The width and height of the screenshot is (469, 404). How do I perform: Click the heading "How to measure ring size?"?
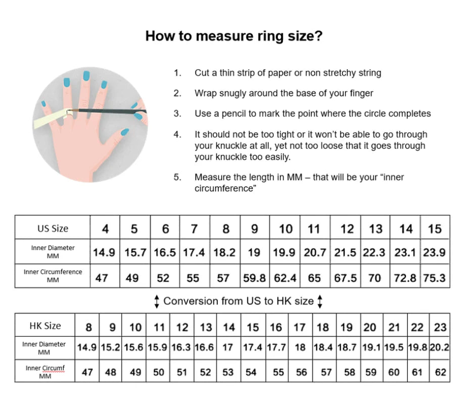click(x=233, y=36)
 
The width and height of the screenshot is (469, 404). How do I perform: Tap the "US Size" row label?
click(x=53, y=228)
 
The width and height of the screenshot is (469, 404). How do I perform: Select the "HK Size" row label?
click(x=45, y=326)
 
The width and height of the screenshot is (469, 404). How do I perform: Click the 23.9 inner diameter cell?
click(x=434, y=252)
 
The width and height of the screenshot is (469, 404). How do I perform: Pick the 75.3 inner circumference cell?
click(x=434, y=278)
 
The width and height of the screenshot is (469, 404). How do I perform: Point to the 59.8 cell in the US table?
click(x=255, y=278)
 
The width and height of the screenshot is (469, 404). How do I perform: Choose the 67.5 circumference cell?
click(x=346, y=278)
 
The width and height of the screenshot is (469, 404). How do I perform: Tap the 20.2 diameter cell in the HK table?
click(x=440, y=347)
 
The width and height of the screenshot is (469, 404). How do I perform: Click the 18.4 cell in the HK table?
click(x=323, y=347)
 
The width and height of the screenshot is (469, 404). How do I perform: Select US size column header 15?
click(x=435, y=229)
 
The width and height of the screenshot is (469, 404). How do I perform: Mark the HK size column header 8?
click(x=88, y=327)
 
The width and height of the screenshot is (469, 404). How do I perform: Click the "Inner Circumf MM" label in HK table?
click(x=45, y=372)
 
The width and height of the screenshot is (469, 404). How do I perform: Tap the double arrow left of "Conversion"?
click(x=157, y=301)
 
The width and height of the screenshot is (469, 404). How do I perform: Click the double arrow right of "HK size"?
click(x=320, y=301)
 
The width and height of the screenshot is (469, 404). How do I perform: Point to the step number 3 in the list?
click(x=177, y=114)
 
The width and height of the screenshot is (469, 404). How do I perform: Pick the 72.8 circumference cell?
click(x=406, y=278)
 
